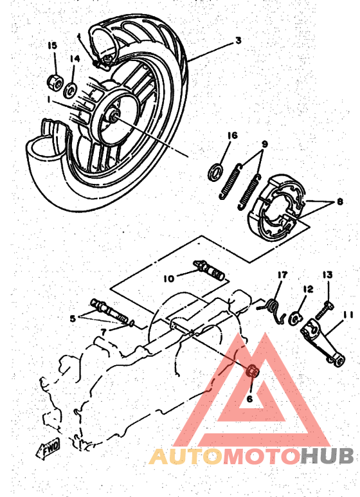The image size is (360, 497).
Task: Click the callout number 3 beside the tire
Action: coord(238,40)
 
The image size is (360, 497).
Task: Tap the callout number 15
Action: coord(53,45)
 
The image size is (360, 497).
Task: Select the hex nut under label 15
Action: coord(54,82)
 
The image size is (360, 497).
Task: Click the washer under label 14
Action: coord(71,86)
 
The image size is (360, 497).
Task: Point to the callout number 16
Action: coord(232,135)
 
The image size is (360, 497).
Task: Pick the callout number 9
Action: coord(264,143)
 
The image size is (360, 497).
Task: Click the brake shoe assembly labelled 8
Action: coord(278,206)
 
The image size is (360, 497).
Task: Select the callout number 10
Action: coord(168,278)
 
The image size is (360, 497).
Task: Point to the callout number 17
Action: coord(281,275)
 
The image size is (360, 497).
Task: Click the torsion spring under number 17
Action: coord(275,306)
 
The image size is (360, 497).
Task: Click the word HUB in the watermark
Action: coord(327,456)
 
